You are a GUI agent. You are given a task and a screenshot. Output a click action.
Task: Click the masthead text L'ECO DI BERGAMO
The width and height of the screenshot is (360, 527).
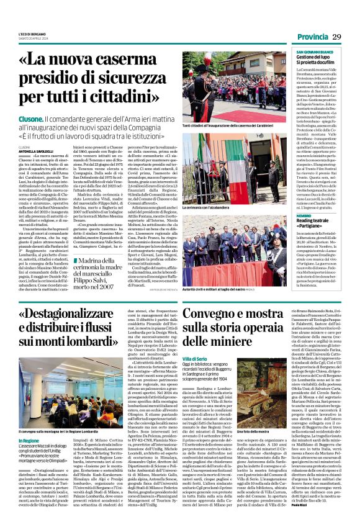[32, 34]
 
